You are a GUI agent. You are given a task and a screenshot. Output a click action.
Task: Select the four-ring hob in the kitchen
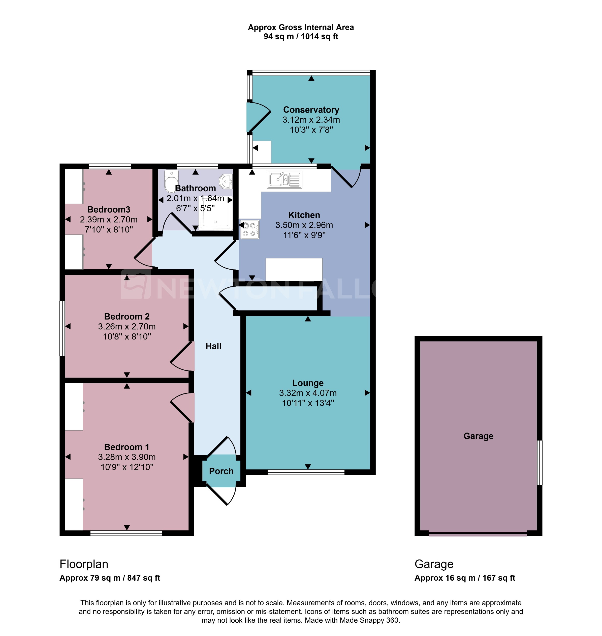pos(250,229)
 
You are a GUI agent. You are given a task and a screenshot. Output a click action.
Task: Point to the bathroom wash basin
pos(227,181)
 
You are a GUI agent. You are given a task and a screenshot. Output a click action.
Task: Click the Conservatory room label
pos(311,110)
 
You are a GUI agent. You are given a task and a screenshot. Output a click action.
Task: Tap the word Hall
pos(213,346)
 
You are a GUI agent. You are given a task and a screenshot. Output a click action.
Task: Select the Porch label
pos(221,471)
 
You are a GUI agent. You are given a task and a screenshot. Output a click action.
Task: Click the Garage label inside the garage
pos(478,436)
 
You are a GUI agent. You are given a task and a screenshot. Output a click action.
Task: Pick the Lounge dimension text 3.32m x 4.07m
pos(308,393)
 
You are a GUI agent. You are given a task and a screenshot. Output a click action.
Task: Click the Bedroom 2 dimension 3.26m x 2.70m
pos(127,327)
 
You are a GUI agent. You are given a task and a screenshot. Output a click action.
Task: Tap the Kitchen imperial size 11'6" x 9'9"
pos(304,235)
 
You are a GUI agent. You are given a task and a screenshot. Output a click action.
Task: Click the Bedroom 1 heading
pos(127,447)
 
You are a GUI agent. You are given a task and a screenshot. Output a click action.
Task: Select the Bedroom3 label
pos(109,209)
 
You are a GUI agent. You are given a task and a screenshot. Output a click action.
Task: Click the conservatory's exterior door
pos(259,118)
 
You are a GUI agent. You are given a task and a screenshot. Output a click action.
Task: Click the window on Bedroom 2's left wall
pos(62,328)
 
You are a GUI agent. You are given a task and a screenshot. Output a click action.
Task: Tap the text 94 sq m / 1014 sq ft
pos(301,37)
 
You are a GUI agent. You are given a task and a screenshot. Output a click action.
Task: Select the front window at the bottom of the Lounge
pos(306,472)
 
